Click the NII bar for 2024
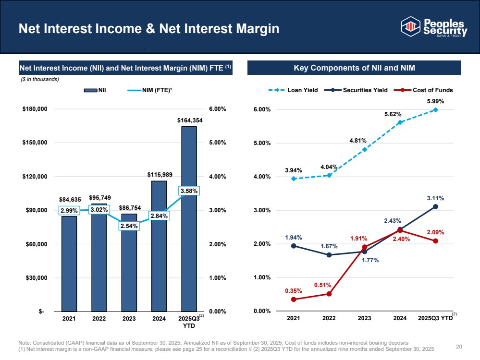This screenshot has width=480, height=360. (x=159, y=246)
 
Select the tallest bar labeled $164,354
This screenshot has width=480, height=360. (x=189, y=219)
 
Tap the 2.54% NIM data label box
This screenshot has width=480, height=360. (x=129, y=226)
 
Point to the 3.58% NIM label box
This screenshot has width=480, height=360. (x=189, y=191)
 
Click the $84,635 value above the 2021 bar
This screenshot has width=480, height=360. (x=70, y=200)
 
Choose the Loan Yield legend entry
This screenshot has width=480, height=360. (x=293, y=90)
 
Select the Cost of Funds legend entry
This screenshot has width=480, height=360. (x=423, y=90)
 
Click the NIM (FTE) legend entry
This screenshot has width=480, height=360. (x=150, y=90)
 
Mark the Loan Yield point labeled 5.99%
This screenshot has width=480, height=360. (x=435, y=110)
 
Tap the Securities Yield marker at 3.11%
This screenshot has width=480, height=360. (x=435, y=207)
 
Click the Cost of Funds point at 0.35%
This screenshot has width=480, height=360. (x=294, y=300)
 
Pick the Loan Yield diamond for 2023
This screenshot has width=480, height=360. (x=364, y=150)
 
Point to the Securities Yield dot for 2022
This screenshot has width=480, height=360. (x=329, y=255)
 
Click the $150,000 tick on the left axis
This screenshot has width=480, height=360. (x=35, y=143)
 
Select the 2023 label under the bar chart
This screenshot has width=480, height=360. (x=129, y=318)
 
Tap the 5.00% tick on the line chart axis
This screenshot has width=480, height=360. (x=262, y=143)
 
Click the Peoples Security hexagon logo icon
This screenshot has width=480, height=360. (x=410, y=26)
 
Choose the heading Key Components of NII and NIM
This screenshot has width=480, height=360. (x=354, y=68)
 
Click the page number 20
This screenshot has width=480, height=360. (x=459, y=347)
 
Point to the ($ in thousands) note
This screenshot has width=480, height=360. (x=40, y=80)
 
